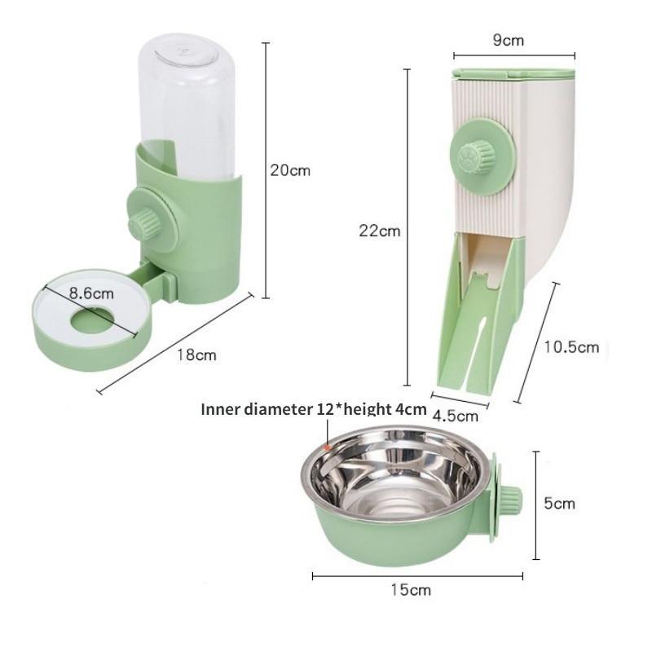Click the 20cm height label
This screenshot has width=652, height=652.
[290, 170]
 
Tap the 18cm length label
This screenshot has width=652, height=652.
[197, 355]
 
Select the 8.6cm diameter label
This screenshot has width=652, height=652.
[91, 293]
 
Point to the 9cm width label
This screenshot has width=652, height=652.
[508, 40]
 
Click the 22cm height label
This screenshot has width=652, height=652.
[380, 231]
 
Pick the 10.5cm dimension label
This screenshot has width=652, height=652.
[572, 347]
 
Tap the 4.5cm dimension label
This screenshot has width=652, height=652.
[456, 416]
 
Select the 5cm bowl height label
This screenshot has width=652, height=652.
[560, 504]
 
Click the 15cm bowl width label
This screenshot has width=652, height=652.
[411, 589]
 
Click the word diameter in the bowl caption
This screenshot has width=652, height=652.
[277, 409]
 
